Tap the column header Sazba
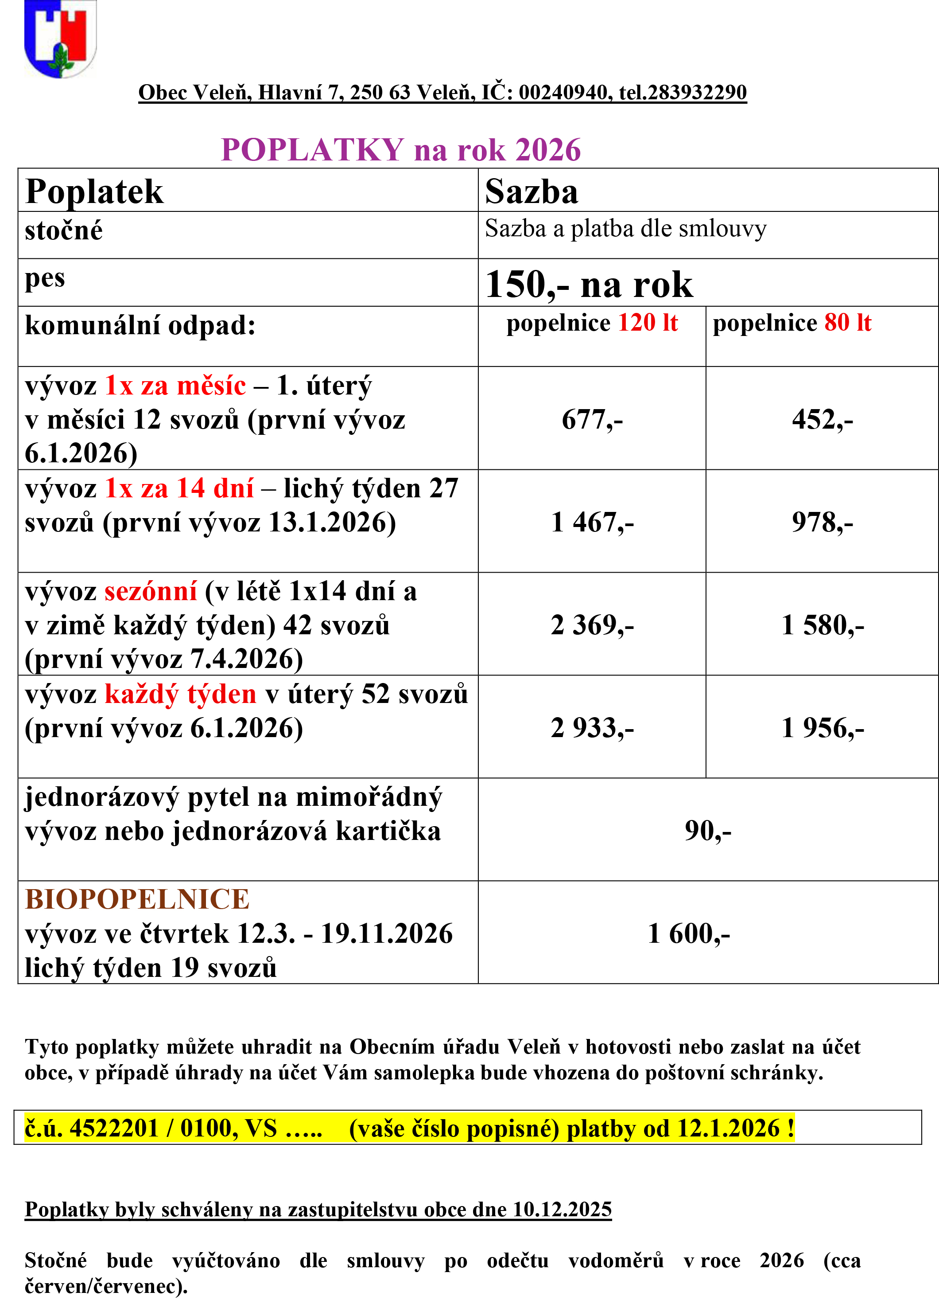pyautogui.click(x=532, y=191)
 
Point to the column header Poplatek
pyautogui.click(x=94, y=191)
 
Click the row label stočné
pyautogui.click(x=64, y=230)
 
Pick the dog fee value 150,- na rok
pyautogui.click(x=589, y=284)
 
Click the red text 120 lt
pyautogui.click(x=648, y=323)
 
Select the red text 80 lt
pyautogui.click(x=848, y=323)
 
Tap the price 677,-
pyautogui.click(x=592, y=419)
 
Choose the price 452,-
pyautogui.click(x=823, y=419)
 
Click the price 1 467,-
pyautogui.click(x=592, y=522)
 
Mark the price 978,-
pyautogui.click(x=823, y=522)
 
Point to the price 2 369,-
pyautogui.click(x=592, y=625)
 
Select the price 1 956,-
pyautogui.click(x=823, y=728)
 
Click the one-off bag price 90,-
pyautogui.click(x=708, y=830)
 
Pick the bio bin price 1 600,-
pyautogui.click(x=688, y=933)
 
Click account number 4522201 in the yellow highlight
pyautogui.click(x=114, y=1128)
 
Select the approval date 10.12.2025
pyautogui.click(x=562, y=1209)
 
